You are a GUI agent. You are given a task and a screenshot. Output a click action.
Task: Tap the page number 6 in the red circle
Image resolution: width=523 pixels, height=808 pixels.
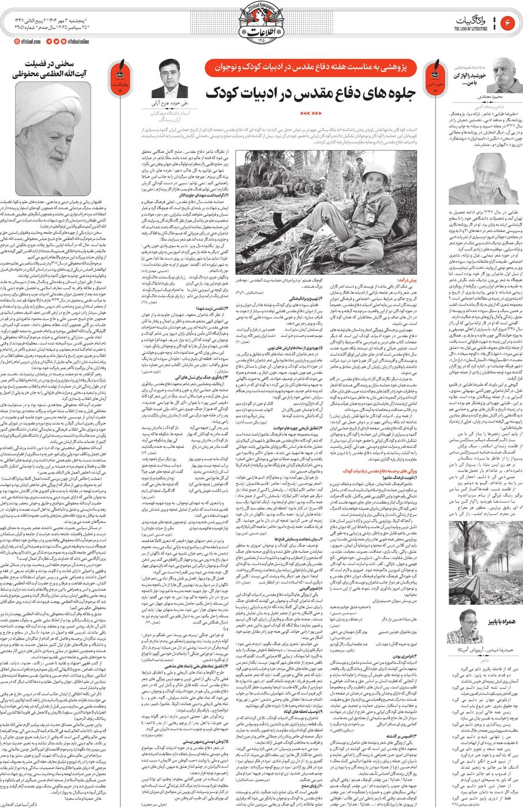pos(508,23)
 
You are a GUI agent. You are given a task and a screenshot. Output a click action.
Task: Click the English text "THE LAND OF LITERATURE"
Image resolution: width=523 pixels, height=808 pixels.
pos(471,28)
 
